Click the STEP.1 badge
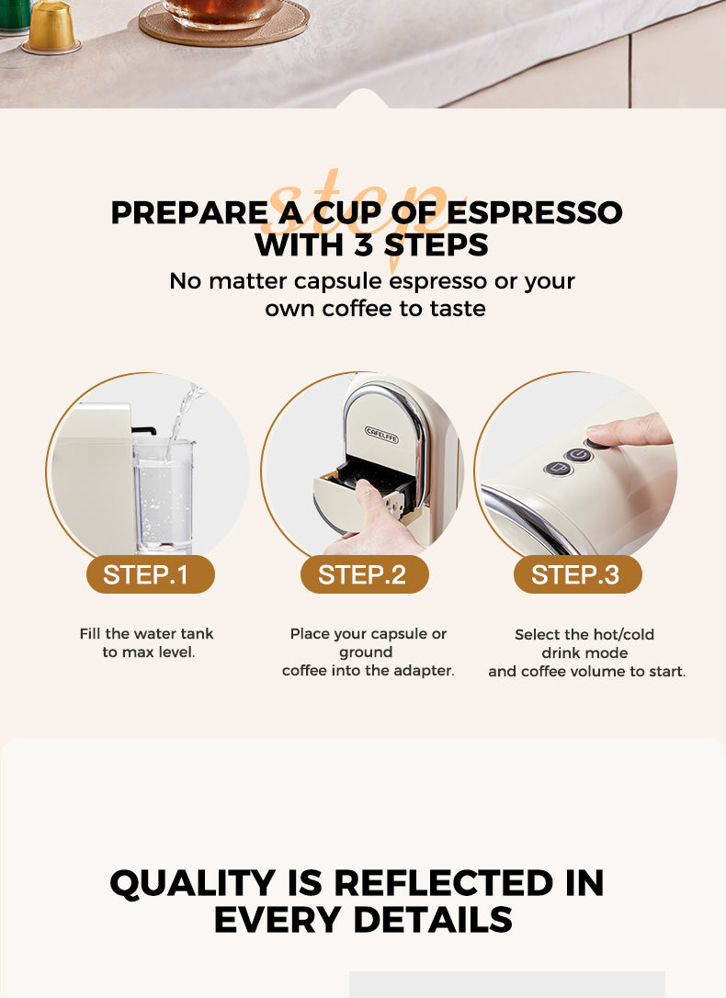[145, 575]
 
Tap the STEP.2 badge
[362, 575]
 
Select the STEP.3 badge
[575, 575]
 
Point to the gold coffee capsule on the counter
[51, 27]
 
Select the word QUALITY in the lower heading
[192, 883]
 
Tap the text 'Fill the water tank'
[146, 634]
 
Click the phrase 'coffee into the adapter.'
[368, 671]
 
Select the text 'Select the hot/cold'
[584, 635]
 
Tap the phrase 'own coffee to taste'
[375, 309]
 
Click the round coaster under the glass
[223, 28]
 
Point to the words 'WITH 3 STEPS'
[371, 246]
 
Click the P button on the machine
[557, 469]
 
